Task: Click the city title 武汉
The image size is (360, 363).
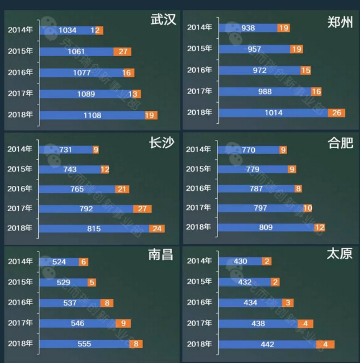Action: pyautogui.click(x=163, y=20)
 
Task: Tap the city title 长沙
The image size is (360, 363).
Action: pyautogui.click(x=161, y=143)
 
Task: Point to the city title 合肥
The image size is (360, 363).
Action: pyautogui.click(x=341, y=143)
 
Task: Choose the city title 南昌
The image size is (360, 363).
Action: pyautogui.click(x=161, y=255)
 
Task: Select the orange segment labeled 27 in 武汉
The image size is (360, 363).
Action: pyautogui.click(x=123, y=51)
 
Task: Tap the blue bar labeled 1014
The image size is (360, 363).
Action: pyautogui.click(x=273, y=113)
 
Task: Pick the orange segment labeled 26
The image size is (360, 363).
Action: pyautogui.click(x=336, y=113)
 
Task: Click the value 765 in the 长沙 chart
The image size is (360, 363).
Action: pyautogui.click(x=77, y=189)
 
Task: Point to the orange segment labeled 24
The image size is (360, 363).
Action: pyautogui.click(x=157, y=229)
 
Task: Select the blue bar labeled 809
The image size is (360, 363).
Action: pyautogui.click(x=266, y=227)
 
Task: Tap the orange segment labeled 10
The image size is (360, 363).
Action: pyautogui.click(x=308, y=208)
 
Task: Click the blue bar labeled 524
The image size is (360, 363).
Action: pyautogui.click(x=59, y=262)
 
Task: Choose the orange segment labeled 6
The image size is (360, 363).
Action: pyautogui.click(x=83, y=262)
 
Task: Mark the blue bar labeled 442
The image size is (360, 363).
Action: pyautogui.click(x=267, y=344)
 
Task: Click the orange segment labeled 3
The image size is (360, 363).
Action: pyautogui.click(x=288, y=303)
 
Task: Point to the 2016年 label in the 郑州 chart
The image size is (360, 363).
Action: pyautogui.click(x=199, y=70)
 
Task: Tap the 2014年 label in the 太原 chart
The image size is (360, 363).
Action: pyautogui.click(x=199, y=261)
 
